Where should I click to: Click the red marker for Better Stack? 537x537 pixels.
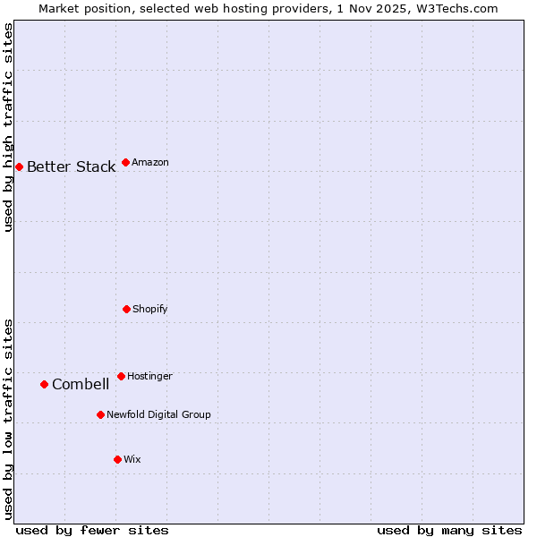pos(19,166)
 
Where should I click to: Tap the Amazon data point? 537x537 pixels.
pos(125,162)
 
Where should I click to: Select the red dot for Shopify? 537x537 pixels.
pos(126,309)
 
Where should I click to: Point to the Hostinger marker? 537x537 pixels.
pos(121,376)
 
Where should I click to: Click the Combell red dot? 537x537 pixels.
pos(44,384)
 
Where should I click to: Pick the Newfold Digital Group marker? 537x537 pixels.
pos(100,414)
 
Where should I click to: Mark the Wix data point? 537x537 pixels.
pos(117,459)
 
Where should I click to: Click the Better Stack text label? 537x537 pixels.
pos(71,166)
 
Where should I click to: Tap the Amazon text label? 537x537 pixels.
pos(150,162)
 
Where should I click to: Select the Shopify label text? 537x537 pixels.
pos(149,309)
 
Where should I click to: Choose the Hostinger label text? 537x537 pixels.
pos(149,376)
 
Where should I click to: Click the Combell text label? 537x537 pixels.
pos(81,384)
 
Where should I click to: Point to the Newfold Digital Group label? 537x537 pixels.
pos(158,414)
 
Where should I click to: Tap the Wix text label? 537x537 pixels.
pos(132,459)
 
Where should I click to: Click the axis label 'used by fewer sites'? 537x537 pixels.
pos(92,530)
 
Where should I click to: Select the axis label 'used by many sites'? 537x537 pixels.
pos(449,530)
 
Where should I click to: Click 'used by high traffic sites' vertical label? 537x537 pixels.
pos(8,127)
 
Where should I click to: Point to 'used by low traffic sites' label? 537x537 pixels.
pos(8,418)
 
